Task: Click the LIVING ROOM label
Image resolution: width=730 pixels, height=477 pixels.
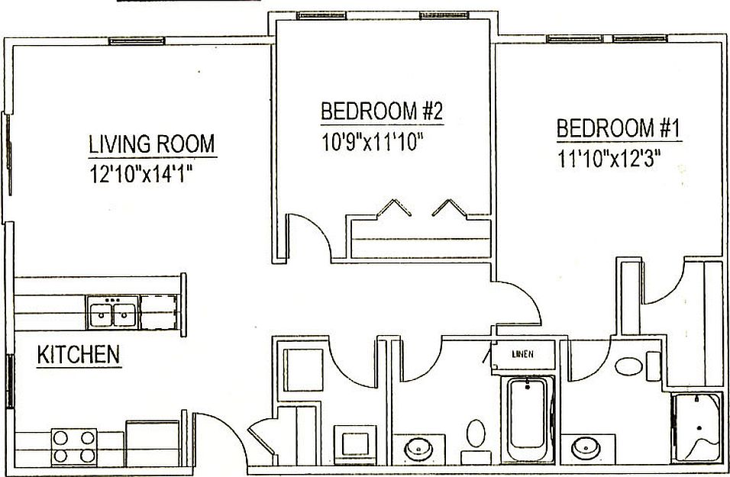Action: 152,143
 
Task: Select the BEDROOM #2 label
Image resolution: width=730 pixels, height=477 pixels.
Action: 382,111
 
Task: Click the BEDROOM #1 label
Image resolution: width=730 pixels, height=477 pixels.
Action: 618,128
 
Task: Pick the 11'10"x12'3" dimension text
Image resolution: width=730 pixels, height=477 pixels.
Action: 609,159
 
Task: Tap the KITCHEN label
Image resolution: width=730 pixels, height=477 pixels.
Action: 79,354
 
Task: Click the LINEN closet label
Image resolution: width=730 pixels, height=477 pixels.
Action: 523,353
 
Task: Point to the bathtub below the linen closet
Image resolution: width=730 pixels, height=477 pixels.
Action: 527,416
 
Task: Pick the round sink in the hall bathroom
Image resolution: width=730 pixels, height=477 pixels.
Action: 419,448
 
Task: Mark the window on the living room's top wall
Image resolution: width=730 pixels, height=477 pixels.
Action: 128,40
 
